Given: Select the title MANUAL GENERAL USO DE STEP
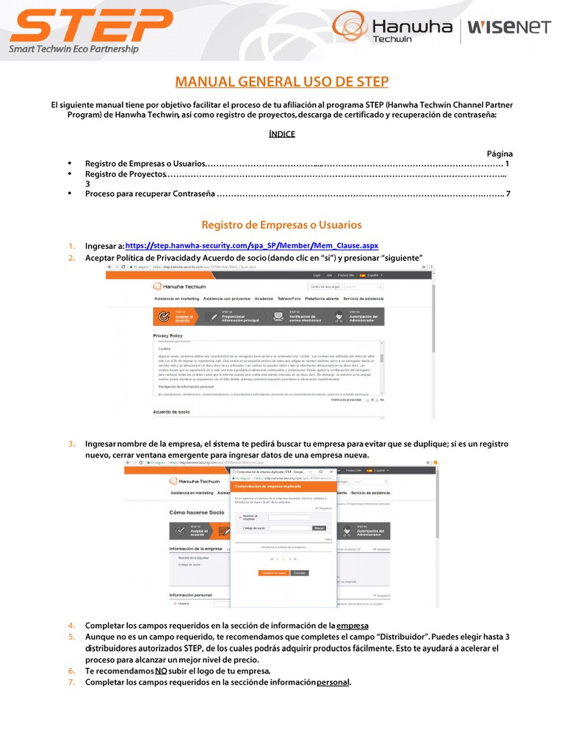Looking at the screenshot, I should pyautogui.click(x=281, y=82).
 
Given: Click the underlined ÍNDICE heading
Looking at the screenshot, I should pyautogui.click(x=282, y=134).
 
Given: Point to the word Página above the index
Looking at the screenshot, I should pyautogui.click(x=499, y=153).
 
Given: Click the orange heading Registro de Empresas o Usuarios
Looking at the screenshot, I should pyautogui.click(x=281, y=225).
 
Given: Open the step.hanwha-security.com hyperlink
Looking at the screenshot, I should pyautogui.click(x=252, y=245).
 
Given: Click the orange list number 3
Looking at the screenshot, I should pyautogui.click(x=72, y=444).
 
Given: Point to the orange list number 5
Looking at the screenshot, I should pyautogui.click(x=72, y=637).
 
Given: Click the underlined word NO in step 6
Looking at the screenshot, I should pyautogui.click(x=161, y=670).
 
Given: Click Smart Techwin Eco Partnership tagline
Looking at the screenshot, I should pyautogui.click(x=73, y=50).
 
